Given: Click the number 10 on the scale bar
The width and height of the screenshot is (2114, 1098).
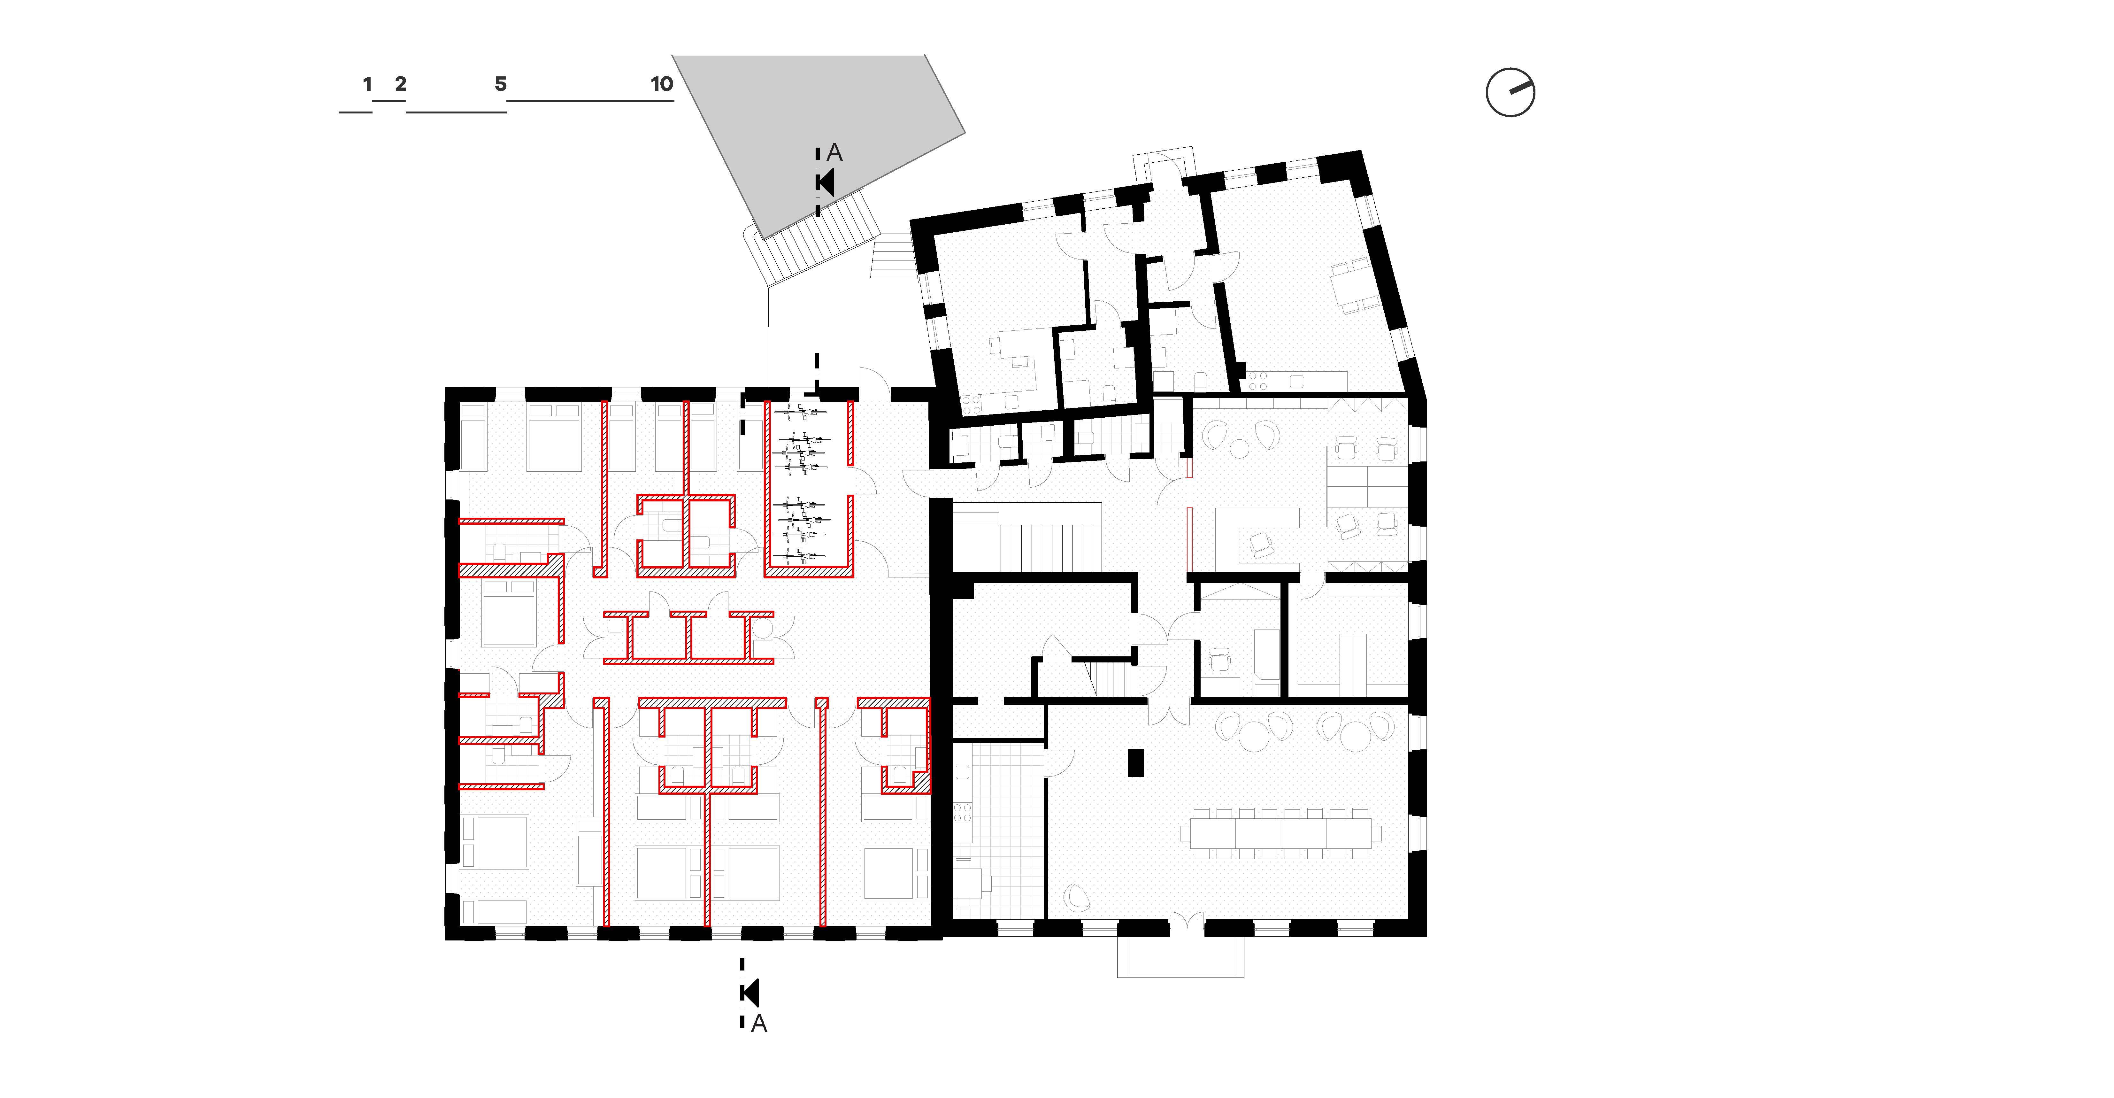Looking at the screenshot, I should [661, 84].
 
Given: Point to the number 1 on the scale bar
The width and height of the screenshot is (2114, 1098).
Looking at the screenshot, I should [367, 84].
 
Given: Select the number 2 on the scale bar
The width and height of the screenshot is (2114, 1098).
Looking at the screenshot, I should [401, 84].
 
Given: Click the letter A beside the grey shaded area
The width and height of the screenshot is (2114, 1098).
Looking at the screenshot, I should [834, 153].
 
